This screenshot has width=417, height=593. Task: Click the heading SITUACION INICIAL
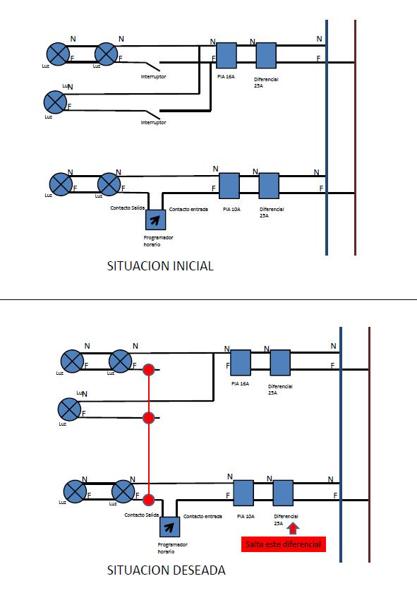(160, 266)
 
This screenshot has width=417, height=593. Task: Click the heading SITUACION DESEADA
(166, 570)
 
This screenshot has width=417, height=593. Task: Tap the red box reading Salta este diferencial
(284, 544)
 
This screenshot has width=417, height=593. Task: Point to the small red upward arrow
(293, 528)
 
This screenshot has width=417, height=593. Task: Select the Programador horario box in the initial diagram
(156, 220)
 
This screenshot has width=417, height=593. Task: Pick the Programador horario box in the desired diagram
(170, 527)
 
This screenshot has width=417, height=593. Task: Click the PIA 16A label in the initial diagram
(226, 76)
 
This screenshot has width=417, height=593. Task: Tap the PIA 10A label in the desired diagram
(246, 516)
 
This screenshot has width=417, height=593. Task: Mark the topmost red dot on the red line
(149, 369)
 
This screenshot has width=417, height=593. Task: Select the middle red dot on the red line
(149, 418)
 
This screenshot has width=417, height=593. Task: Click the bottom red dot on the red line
(149, 500)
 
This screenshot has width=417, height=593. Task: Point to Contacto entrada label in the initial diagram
(188, 209)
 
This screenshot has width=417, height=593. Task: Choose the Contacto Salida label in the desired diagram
(141, 515)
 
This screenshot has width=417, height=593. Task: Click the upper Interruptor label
(154, 76)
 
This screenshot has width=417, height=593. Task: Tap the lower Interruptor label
(154, 123)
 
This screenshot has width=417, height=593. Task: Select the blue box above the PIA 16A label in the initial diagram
(226, 55)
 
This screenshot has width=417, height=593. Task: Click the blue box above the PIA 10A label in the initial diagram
(229, 186)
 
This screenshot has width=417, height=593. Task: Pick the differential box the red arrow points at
(283, 493)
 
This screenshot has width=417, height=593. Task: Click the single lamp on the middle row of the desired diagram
(70, 409)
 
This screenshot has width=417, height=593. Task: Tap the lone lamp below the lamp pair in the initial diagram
(55, 102)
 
